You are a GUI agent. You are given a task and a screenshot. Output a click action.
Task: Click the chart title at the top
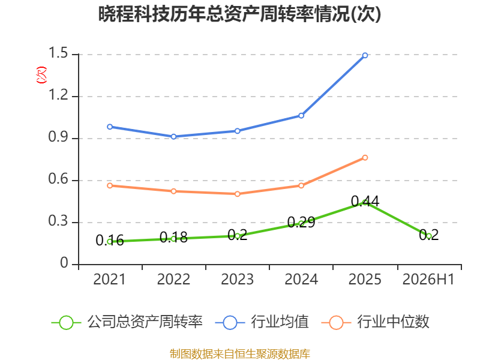click(239, 14)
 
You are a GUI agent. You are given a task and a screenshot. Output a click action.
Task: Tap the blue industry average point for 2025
click(365, 55)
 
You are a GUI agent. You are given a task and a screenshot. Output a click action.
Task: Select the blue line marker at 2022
click(173, 137)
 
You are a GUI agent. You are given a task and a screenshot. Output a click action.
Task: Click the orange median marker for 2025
click(365, 158)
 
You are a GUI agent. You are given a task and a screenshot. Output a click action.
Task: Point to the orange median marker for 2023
click(237, 194)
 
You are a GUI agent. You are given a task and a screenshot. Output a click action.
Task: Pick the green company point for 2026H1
click(429, 236)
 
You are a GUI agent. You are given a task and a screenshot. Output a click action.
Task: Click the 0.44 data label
click(365, 201)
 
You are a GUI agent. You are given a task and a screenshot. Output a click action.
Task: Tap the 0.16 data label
click(110, 241)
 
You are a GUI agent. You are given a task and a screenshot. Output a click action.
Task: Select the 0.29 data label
click(301, 222)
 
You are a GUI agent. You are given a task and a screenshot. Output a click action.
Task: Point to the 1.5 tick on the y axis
click(58, 53)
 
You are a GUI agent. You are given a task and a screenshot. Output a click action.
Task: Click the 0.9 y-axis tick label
click(58, 137)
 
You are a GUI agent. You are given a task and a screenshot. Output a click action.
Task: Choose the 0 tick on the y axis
click(64, 263)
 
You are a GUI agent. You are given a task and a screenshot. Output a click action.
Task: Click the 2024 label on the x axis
click(301, 279)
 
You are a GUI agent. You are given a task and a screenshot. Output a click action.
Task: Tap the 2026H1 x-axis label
click(428, 279)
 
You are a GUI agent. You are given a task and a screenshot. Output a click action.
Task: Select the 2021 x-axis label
click(109, 279)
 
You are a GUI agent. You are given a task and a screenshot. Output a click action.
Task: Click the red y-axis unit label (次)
click(41, 75)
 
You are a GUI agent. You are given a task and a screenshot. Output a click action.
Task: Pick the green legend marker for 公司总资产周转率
click(66, 323)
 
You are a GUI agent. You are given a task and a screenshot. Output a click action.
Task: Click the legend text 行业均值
click(280, 322)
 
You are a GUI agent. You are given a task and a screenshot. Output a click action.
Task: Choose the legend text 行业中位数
click(394, 322)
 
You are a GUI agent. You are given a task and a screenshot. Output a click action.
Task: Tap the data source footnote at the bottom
click(240, 354)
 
